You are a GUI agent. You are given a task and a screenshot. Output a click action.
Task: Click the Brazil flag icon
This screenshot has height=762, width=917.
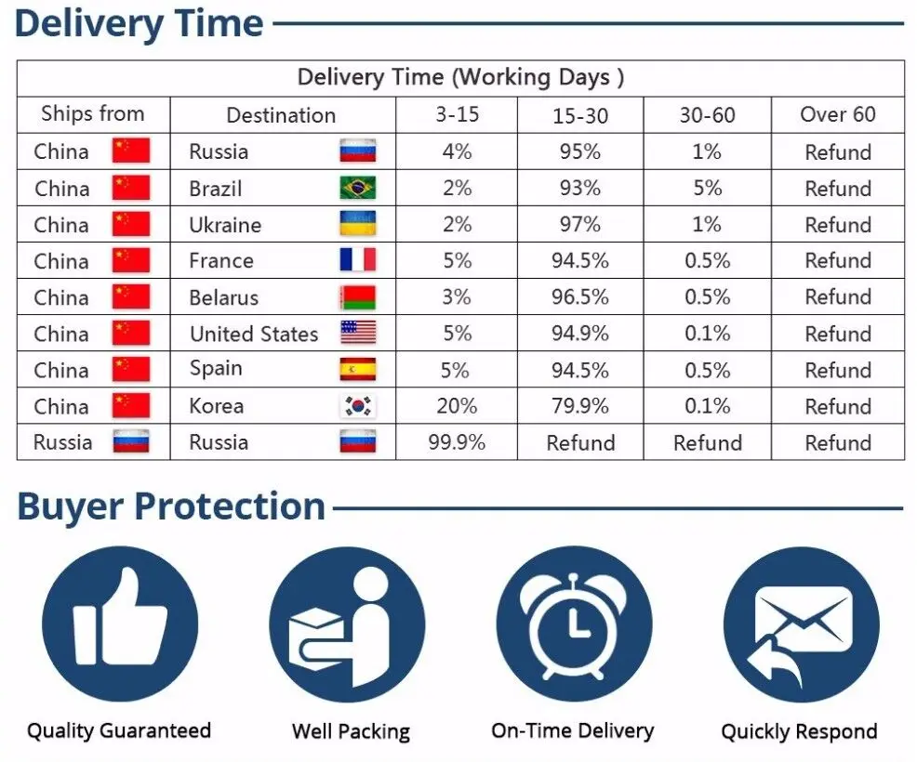[358, 188]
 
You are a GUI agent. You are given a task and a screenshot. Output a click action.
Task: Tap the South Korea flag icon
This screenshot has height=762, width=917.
[358, 406]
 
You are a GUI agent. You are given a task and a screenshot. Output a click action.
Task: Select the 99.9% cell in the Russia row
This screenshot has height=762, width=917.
[457, 442]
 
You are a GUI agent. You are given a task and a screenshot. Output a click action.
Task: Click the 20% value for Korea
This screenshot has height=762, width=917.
[457, 406]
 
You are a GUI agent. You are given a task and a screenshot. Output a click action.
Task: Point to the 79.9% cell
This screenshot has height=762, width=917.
[580, 406]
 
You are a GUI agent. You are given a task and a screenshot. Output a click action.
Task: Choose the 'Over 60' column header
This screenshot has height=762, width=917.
[838, 114]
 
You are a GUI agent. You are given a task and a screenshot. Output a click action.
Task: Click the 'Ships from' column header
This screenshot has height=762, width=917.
[93, 114]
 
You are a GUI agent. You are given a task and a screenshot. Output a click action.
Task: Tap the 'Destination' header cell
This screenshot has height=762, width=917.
[281, 115]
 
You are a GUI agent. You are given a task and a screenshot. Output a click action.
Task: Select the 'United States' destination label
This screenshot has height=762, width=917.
[255, 334]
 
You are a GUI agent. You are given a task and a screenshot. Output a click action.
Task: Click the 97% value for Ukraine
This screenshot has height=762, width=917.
[580, 224]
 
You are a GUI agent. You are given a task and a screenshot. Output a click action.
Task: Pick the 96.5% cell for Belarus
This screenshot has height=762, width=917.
[580, 296]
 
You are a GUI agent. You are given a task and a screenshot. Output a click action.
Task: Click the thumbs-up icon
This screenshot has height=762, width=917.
[120, 624]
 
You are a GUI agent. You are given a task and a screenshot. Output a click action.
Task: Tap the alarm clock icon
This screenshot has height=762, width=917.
[574, 624]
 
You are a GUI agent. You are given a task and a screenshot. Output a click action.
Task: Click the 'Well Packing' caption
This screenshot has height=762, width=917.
[351, 731]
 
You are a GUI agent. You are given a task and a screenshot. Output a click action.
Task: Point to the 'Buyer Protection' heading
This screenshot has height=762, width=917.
[171, 506]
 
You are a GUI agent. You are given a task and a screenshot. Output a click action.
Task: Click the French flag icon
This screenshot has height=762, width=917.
[358, 260]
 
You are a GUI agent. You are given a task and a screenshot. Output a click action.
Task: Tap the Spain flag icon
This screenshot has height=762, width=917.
[358, 369]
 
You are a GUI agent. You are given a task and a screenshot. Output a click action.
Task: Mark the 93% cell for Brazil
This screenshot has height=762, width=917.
[580, 188]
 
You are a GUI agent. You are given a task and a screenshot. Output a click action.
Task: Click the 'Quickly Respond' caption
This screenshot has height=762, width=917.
[800, 731]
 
